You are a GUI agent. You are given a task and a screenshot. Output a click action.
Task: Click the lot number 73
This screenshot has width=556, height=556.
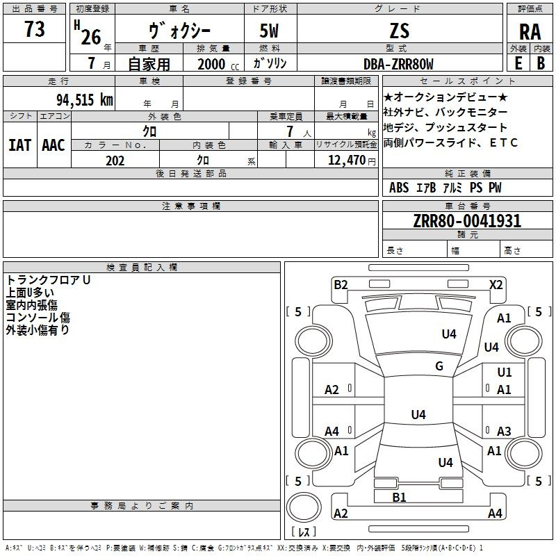[x=34, y=28]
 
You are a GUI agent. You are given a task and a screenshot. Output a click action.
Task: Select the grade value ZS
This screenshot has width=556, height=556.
[x=399, y=31]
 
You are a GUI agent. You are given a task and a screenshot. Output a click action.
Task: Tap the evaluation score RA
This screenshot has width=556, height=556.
[x=530, y=32]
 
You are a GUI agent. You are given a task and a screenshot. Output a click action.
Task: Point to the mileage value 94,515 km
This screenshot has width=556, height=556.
[x=85, y=100]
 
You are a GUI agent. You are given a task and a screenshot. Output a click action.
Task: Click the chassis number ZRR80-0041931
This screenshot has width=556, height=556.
[x=467, y=221]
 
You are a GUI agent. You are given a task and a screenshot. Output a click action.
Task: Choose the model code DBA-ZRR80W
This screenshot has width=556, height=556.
[x=398, y=64]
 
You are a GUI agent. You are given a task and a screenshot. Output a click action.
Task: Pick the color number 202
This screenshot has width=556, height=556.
[x=115, y=161]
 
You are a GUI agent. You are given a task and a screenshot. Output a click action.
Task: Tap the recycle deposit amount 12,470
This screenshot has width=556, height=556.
[x=347, y=161]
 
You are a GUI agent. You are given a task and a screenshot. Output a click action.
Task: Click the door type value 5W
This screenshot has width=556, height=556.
[x=269, y=31]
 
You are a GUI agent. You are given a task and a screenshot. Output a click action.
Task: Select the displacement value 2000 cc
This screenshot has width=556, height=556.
[x=218, y=64]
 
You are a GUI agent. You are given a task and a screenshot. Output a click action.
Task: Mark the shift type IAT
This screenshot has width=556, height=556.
[x=19, y=145]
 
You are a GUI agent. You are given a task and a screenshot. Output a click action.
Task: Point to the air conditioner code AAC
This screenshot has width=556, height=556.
[x=54, y=145]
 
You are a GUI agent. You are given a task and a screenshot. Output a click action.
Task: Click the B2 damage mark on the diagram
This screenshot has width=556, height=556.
[x=341, y=285]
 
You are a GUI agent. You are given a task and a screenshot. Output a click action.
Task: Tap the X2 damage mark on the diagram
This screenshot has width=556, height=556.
[x=496, y=285]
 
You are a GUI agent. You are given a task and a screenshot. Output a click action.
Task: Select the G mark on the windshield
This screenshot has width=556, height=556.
[x=439, y=366]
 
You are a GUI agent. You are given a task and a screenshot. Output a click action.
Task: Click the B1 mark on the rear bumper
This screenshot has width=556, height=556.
[x=399, y=497]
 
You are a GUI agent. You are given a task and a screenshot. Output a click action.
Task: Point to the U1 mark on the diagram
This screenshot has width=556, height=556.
[x=505, y=373]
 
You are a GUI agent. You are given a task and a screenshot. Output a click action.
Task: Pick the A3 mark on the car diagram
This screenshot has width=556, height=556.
[x=504, y=431]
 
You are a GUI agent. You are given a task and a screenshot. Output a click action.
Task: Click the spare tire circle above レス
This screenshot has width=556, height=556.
[x=304, y=507]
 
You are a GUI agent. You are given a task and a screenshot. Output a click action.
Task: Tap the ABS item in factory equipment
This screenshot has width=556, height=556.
[x=399, y=187]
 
